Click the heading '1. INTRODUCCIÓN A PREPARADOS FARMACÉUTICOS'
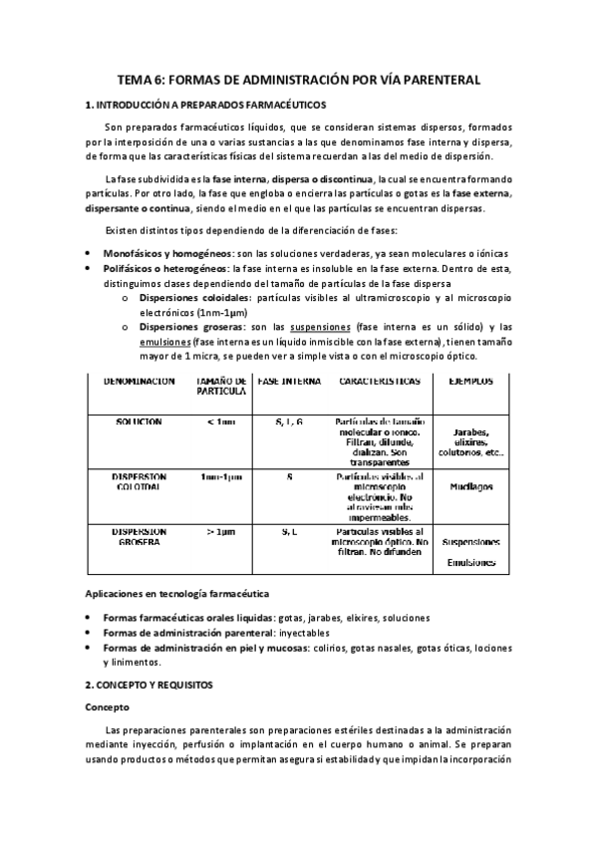coord(205,105)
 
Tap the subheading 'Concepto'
coord(109,707)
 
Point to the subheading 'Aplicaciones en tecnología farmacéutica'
coord(169,594)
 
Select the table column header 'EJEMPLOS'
coord(470,381)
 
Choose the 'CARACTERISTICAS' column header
coord(373,381)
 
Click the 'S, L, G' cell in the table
coord(289,422)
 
